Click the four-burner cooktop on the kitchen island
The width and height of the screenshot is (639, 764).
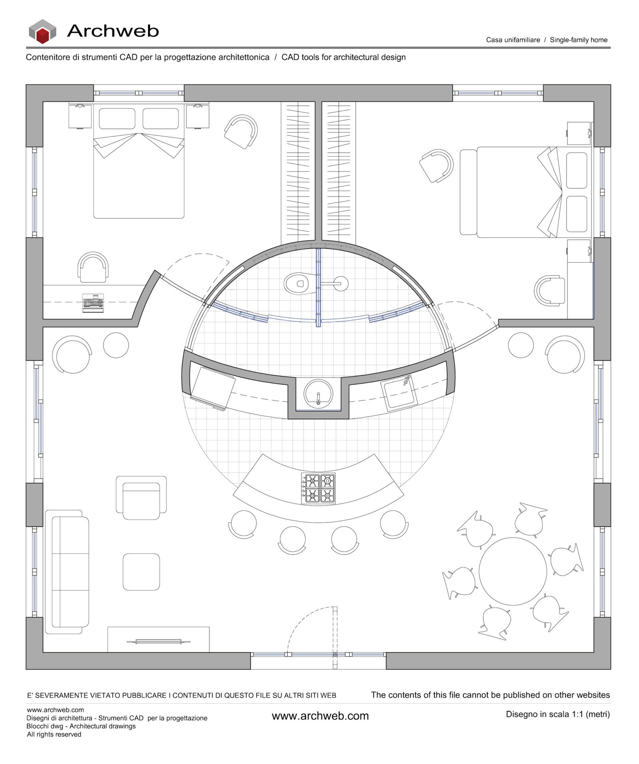pyautogui.click(x=318, y=488)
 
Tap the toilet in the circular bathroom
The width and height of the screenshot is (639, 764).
pyautogui.click(x=298, y=284)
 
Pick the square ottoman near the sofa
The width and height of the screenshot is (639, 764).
pyautogui.click(x=141, y=572)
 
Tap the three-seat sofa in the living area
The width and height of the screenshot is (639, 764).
pyautogui.click(x=67, y=572)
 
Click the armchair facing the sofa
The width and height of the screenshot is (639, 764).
pyautogui.click(x=141, y=498)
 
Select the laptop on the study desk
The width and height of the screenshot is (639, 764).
pyautogui.click(x=93, y=302)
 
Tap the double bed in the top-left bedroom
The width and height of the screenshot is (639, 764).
pyautogui.click(x=139, y=176)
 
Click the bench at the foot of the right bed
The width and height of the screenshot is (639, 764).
pyautogui.click(x=468, y=192)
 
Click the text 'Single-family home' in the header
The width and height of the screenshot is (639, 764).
pyautogui.click(x=578, y=40)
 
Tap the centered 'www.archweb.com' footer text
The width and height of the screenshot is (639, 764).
pyautogui.click(x=320, y=716)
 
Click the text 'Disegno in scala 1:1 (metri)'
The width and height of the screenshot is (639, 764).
pyautogui.click(x=558, y=714)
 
